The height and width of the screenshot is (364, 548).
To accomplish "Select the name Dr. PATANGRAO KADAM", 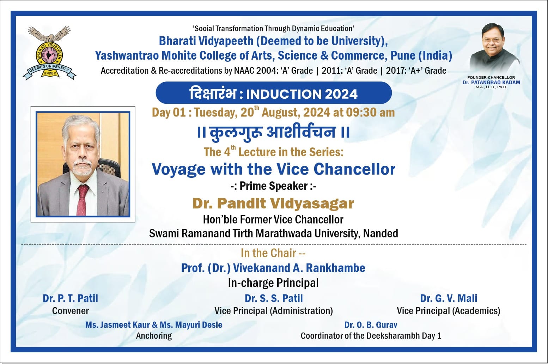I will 491,83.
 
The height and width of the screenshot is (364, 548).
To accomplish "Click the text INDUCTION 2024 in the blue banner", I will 302,94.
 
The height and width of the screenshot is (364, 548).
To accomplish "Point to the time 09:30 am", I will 370,113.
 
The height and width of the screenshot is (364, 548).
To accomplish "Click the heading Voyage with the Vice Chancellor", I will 273,169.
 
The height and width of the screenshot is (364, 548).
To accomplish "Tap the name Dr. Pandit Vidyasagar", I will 273,204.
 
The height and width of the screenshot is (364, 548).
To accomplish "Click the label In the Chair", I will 273,253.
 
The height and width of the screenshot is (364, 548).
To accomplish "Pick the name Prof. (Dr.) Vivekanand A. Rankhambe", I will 273,268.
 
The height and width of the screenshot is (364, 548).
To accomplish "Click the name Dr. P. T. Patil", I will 70,298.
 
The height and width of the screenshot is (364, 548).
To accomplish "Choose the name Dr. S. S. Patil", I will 274,298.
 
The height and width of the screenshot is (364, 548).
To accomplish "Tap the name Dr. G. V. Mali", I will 448,298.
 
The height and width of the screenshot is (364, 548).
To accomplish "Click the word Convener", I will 70,311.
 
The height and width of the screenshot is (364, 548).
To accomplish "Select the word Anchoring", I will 154,336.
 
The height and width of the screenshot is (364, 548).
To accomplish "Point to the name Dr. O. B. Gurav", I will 371,325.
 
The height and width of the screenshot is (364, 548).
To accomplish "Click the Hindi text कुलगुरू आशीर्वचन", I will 273,132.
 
